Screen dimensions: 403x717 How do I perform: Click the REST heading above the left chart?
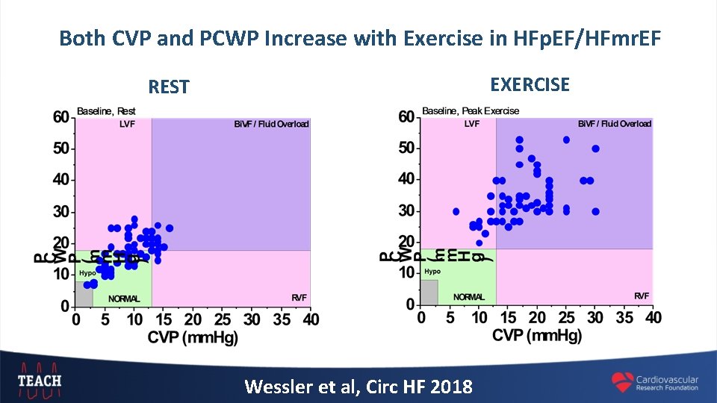click(x=169, y=87)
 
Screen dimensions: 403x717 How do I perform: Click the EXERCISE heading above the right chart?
click(x=530, y=84)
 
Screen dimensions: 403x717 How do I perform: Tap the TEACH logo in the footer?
click(x=40, y=379)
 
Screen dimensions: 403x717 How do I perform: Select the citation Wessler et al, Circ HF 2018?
click(x=358, y=387)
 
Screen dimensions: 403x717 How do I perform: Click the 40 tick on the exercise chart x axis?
click(x=653, y=318)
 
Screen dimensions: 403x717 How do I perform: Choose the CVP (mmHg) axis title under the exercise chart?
click(x=537, y=336)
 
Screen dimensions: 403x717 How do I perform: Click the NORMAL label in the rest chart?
click(x=124, y=299)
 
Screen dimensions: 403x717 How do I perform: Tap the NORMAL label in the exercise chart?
click(x=469, y=296)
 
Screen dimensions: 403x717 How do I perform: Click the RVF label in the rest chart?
click(x=299, y=298)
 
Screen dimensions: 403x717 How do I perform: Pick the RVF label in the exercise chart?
click(x=642, y=296)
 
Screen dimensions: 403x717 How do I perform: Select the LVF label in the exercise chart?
click(x=472, y=124)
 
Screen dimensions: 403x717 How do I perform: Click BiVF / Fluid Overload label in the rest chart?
click(x=271, y=124)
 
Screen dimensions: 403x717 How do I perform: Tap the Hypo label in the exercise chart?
click(x=432, y=271)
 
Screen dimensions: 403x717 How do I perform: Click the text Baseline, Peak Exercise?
click(x=471, y=111)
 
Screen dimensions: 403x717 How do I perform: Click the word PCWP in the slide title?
click(x=223, y=37)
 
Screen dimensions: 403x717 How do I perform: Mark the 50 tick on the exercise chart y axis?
click(x=407, y=148)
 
